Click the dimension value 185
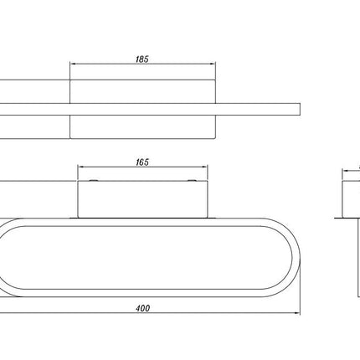142,59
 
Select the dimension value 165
142,162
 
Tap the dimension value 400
143,308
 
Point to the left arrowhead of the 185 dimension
73,64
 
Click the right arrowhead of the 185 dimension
212,64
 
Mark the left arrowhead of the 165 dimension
81,167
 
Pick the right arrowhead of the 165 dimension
204,167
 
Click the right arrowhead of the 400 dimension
296,313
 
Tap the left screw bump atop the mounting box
93,180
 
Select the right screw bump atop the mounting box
192,180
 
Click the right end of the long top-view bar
300,109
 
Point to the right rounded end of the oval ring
296,257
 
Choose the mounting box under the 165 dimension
142,199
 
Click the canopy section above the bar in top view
142,91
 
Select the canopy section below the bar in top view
142,126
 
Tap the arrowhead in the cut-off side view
346,170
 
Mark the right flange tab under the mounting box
212,218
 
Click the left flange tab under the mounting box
74,218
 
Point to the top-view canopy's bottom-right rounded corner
214,137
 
